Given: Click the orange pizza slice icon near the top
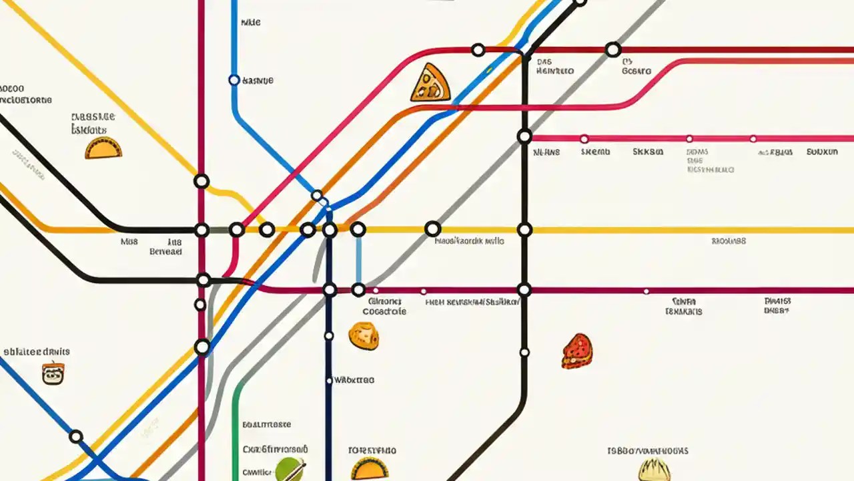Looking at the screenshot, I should click(x=430, y=84).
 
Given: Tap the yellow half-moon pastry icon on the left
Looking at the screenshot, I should click(x=103, y=148).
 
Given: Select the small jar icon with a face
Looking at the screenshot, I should click(x=53, y=373).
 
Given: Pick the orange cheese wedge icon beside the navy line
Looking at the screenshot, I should click(x=364, y=335).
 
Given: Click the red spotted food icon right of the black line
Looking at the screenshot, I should click(x=577, y=351).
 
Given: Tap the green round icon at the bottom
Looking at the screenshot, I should click(x=290, y=469).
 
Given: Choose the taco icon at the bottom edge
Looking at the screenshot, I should click(x=369, y=469).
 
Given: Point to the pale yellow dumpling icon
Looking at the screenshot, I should click(x=654, y=470).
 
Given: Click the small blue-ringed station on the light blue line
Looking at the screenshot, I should click(x=234, y=80).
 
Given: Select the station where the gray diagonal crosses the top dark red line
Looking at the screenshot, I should click(x=612, y=49).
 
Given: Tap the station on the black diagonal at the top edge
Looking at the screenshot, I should click(x=580, y=2).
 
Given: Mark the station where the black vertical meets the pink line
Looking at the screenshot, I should click(x=524, y=136).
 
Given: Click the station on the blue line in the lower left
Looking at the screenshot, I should click(x=76, y=437).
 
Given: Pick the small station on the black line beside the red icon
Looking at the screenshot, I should click(x=524, y=352).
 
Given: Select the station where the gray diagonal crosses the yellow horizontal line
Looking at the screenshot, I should click(x=432, y=229).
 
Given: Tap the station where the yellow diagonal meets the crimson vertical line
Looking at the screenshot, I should click(x=201, y=181).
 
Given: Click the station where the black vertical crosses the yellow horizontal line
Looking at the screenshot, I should click(x=524, y=230).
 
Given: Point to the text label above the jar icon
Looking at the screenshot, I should click(x=37, y=351).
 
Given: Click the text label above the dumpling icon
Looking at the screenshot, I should click(x=648, y=451).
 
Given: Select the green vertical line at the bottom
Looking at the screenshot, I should click(x=235, y=428).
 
